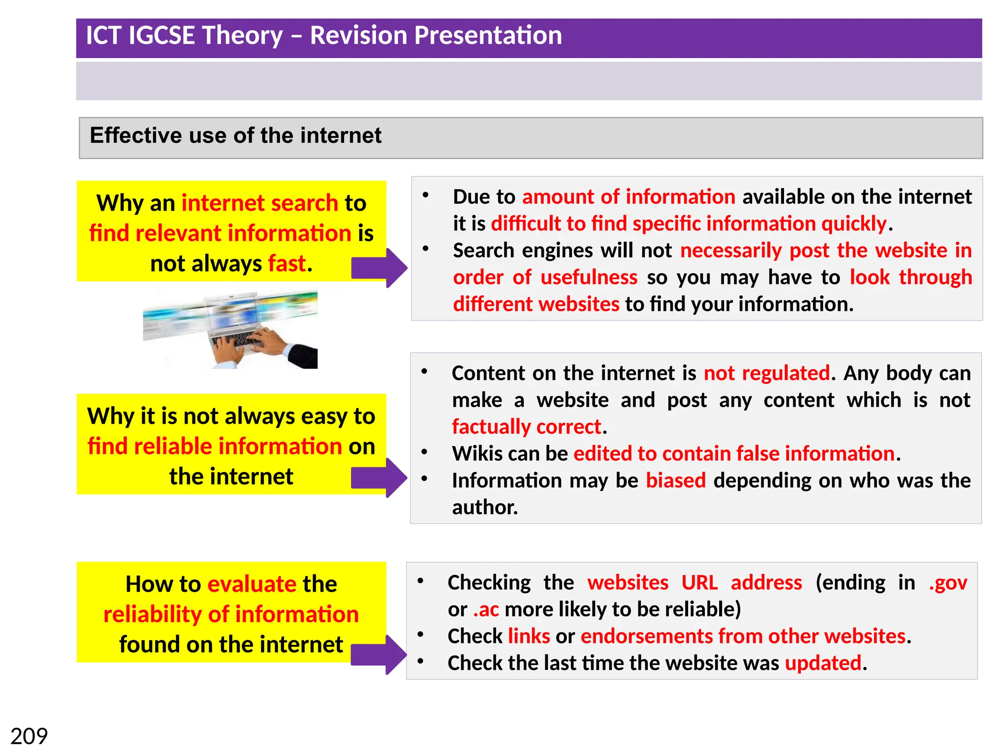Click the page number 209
click(x=29, y=736)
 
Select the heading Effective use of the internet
click(x=235, y=135)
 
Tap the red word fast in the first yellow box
click(x=287, y=263)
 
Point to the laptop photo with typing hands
click(x=230, y=329)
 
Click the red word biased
click(x=675, y=480)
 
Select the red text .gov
click(x=947, y=583)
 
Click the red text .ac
click(x=486, y=609)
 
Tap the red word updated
click(x=822, y=663)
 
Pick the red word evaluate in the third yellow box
click(x=252, y=584)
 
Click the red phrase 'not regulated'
click(x=766, y=373)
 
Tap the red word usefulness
click(x=589, y=278)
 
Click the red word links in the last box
click(x=529, y=636)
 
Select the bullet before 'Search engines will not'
click(x=425, y=249)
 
